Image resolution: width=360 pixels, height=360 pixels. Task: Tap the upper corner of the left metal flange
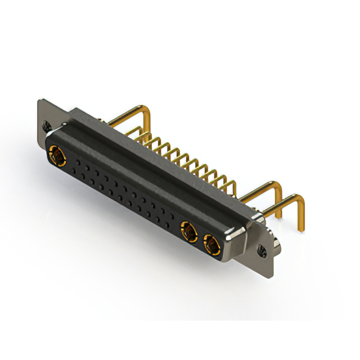tap(40, 101)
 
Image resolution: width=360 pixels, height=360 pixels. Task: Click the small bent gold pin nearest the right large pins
tap(230, 182)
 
